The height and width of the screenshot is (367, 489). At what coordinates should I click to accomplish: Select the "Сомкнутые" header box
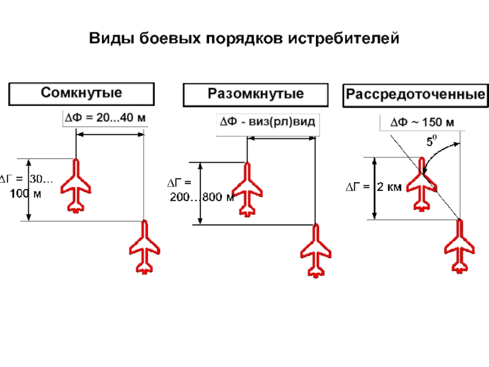coord(81,94)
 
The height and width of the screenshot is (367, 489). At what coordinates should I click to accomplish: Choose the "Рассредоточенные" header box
coord(416,95)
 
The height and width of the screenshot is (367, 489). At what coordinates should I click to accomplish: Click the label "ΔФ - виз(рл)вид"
coord(268,122)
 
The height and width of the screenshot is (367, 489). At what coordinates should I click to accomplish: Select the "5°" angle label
coord(432,142)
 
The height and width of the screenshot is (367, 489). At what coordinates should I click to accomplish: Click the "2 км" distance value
coord(389,187)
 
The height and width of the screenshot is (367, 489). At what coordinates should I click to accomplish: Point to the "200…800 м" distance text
coord(202,198)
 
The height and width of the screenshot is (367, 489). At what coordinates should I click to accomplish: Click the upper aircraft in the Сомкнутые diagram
coord(76,185)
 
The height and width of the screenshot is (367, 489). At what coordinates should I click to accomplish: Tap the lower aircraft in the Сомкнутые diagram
coord(144,247)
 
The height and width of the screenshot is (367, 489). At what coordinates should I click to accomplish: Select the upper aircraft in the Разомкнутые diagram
coord(247,188)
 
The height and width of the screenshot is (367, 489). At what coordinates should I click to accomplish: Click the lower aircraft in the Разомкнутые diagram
coord(315,250)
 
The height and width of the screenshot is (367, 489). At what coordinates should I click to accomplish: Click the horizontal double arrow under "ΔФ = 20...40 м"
coord(109,135)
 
